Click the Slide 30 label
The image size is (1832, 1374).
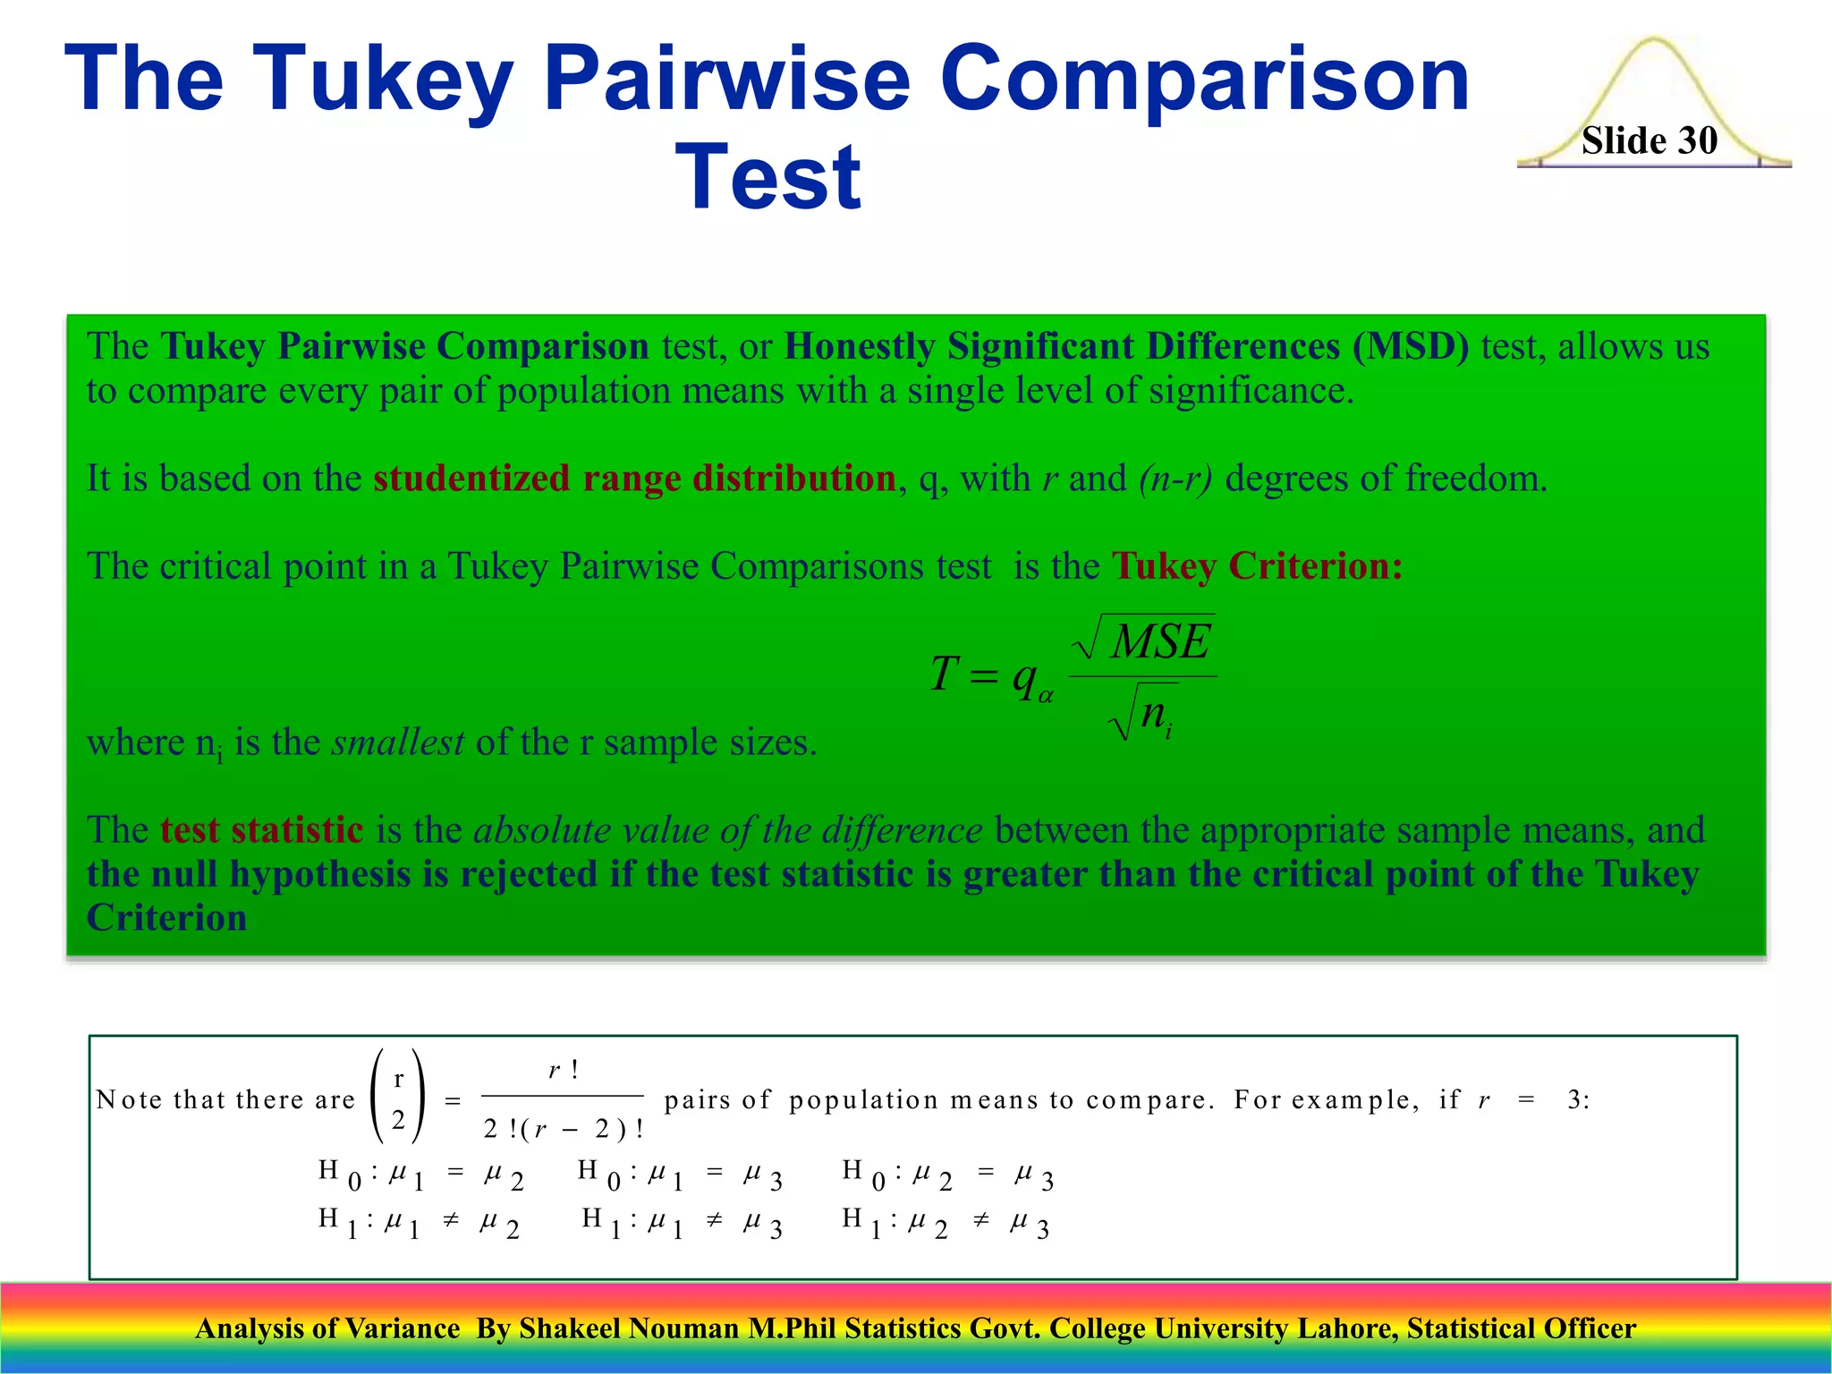[x=1649, y=140]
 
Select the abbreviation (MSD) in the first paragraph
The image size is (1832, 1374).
[x=1410, y=346]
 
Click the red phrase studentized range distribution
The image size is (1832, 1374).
[x=634, y=479]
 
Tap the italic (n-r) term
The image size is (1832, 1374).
[x=1175, y=479]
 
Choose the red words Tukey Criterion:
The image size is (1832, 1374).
[x=1257, y=566]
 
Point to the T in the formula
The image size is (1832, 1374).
[x=945, y=673]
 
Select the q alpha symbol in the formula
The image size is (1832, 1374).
[x=1031, y=680]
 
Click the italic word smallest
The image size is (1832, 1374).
[x=397, y=742]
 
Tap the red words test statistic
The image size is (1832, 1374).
[x=261, y=830]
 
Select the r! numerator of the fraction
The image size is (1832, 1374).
[x=564, y=1070]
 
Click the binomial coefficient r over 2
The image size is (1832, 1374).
[x=398, y=1098]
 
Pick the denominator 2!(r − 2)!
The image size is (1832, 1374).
[x=564, y=1129]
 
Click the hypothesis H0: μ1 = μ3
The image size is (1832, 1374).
[x=680, y=1175]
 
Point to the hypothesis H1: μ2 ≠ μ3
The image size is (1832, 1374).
[x=946, y=1223]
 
